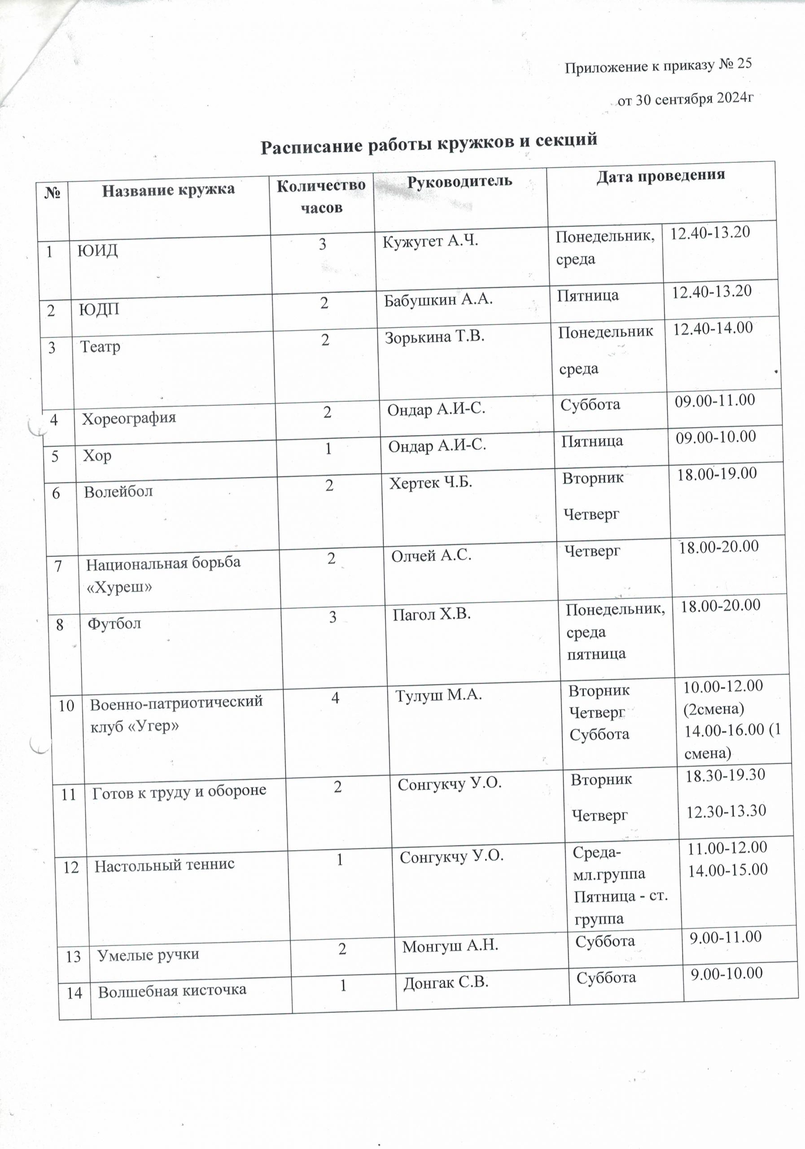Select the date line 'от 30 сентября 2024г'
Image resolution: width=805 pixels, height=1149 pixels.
pos(686,99)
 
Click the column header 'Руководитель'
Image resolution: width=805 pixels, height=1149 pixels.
pos(459,181)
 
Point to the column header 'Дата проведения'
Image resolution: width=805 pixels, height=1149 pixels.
pos(661,175)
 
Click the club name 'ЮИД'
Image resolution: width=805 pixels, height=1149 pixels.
pos(97,250)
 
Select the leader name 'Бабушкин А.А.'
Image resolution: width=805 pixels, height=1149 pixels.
pos(438,299)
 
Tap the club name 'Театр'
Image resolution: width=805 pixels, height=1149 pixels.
pos(100,346)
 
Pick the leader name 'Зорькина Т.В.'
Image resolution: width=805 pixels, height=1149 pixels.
pos(434,337)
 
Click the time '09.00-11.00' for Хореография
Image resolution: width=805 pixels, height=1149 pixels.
pos(714,400)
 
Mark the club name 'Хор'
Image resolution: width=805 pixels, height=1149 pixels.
pos(97,456)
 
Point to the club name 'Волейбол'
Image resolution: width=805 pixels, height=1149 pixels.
pos(118,491)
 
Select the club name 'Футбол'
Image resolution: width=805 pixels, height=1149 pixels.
pos(114,623)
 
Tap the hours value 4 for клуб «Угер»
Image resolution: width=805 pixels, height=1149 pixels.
pos(335,697)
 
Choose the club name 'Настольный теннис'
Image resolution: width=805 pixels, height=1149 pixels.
pos(165,865)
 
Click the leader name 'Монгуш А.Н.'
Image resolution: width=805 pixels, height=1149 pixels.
pos(450,945)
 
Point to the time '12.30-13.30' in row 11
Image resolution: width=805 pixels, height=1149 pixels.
pos(726,811)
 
